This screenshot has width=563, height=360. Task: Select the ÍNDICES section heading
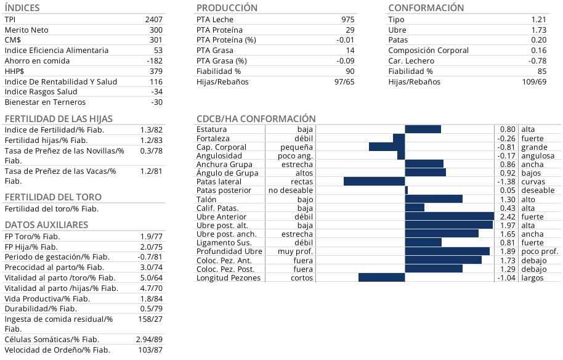coord(22,8)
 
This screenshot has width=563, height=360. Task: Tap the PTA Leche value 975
coord(347,20)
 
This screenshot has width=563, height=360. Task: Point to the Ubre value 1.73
coord(538,30)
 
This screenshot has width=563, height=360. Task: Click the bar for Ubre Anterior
coord(449,217)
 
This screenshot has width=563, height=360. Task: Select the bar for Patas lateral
coord(374,182)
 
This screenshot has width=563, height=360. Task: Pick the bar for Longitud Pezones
coord(381,278)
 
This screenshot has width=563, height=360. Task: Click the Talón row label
coord(206,200)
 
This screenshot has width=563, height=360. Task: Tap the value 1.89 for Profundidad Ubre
coord(507,252)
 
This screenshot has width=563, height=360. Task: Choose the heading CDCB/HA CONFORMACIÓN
coord(256,119)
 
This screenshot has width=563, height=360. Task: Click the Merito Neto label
coord(26,30)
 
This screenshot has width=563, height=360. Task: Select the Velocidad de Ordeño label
coord(47,350)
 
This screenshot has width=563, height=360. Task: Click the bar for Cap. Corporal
coord(386,147)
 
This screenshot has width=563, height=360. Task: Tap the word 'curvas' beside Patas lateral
coord(533,182)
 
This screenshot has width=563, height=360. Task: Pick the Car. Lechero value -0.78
coord(537,61)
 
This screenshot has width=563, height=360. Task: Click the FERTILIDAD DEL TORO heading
coord(53,197)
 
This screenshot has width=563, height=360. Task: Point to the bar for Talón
coord(434,200)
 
